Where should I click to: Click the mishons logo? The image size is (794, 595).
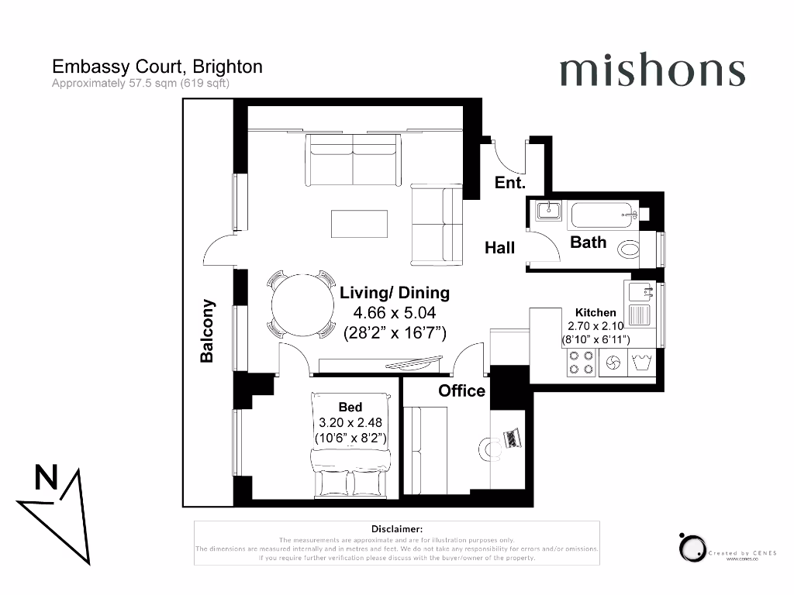(x=651, y=71)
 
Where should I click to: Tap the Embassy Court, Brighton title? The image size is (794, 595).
(x=157, y=67)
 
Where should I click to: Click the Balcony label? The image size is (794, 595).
(x=207, y=331)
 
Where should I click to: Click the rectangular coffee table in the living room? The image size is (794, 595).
(x=359, y=224)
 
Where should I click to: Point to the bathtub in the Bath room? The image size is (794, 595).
(x=603, y=215)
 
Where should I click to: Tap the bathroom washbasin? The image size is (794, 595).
(x=547, y=210)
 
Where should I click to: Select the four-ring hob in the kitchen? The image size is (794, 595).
(x=582, y=363)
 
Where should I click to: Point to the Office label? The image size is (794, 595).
(x=462, y=391)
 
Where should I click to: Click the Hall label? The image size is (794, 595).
(x=500, y=248)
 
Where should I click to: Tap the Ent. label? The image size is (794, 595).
(x=510, y=184)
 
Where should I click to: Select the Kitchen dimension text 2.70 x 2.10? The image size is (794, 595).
(x=595, y=326)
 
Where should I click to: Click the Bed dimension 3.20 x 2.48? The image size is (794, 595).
(x=350, y=423)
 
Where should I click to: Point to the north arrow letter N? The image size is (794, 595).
(x=46, y=478)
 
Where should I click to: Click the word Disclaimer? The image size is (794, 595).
(x=396, y=528)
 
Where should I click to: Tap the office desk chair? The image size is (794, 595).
(x=488, y=448)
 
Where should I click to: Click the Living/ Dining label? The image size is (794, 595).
(x=395, y=293)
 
